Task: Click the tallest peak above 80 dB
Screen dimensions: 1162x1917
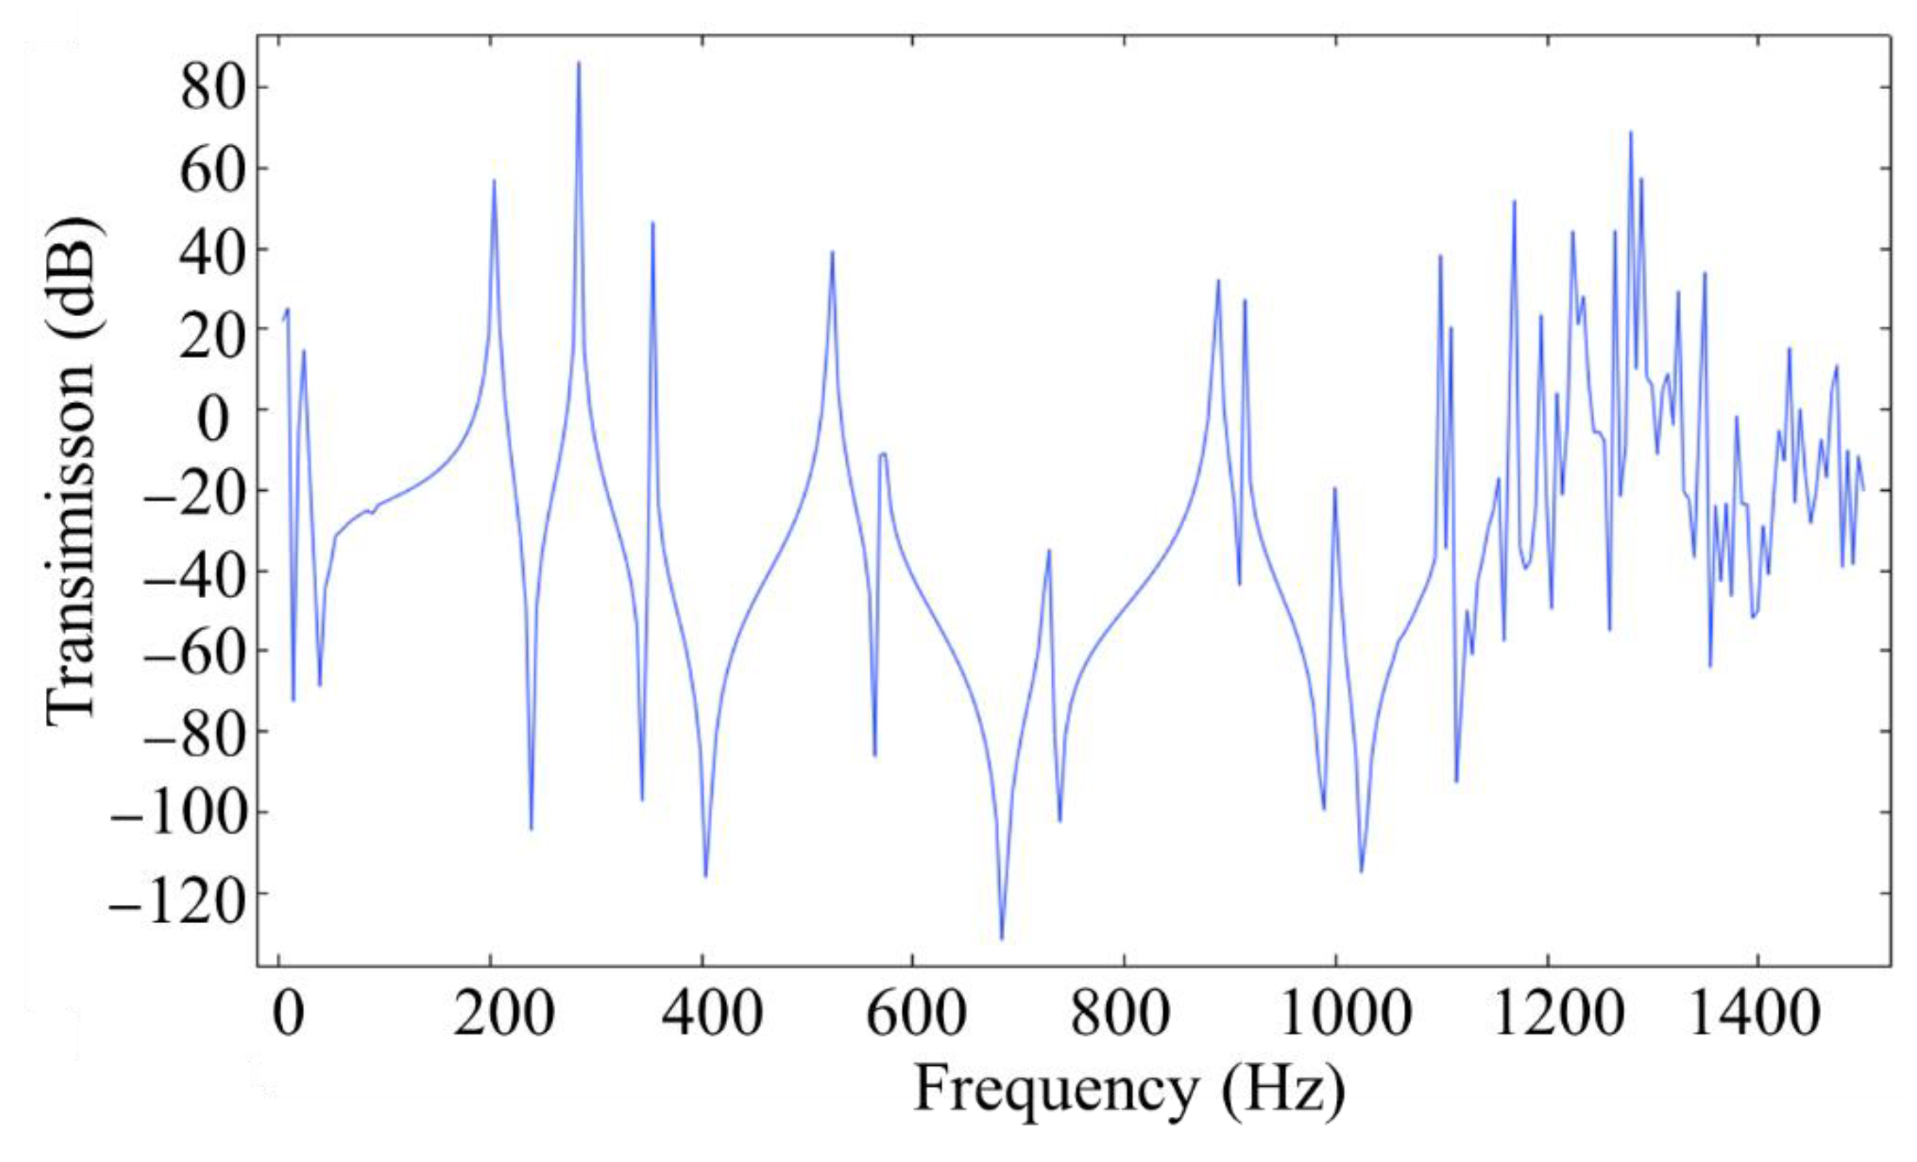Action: (578, 63)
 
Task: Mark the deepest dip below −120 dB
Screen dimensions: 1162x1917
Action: (1001, 939)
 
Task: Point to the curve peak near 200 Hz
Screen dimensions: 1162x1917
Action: (494, 180)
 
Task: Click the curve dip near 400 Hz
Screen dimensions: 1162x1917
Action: (705, 877)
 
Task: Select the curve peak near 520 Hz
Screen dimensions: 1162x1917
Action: (832, 252)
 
